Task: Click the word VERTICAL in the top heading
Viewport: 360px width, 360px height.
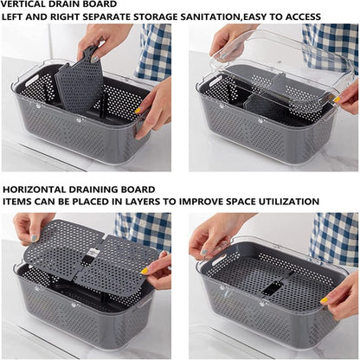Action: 22,4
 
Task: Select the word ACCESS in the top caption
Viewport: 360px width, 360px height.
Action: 303,16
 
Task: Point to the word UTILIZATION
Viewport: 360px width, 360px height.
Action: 288,202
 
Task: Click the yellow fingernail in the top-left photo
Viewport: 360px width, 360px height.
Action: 138,110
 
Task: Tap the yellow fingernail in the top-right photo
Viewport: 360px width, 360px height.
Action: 337,100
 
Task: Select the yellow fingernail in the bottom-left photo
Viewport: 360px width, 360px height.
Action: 145,271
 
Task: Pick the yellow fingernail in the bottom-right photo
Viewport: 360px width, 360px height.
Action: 325,299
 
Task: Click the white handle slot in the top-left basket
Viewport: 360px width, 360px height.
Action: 32,80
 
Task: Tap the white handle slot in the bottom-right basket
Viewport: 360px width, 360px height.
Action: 218,260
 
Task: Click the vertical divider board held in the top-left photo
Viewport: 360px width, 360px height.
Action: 79,79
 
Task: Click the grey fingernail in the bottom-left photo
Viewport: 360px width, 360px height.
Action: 35,238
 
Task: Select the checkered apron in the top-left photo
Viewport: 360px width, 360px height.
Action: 153,52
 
